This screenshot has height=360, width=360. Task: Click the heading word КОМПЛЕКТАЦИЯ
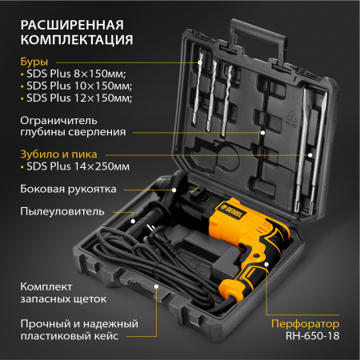71,38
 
